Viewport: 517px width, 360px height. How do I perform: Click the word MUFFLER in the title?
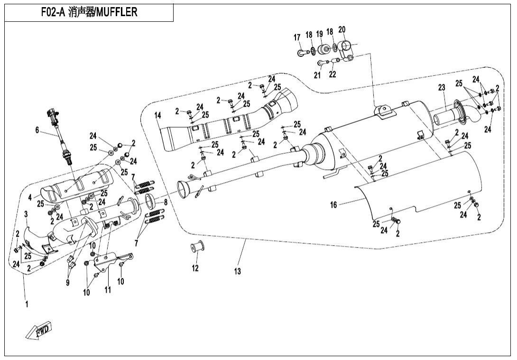(116, 12)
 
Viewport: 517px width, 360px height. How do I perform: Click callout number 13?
(237, 271)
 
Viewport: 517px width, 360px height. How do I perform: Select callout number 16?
(333, 205)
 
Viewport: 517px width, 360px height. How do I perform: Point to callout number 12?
(195, 268)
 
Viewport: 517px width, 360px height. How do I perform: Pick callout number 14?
(158, 115)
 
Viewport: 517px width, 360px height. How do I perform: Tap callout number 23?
(442, 88)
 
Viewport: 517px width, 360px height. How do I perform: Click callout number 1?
(27, 304)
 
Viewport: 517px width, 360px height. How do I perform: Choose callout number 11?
(108, 290)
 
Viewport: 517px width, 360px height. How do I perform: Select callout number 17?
(297, 37)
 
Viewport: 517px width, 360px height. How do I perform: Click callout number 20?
(342, 30)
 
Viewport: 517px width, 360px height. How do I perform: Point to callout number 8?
(166, 203)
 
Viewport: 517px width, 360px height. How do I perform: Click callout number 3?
(26, 214)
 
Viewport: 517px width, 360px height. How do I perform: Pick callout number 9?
(68, 282)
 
